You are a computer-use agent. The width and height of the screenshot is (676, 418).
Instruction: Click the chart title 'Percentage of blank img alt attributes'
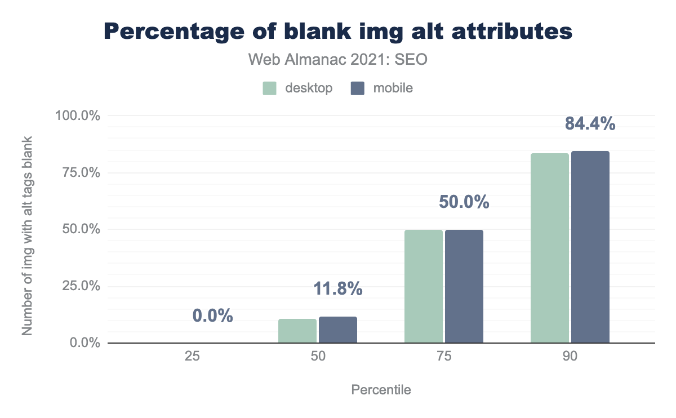tap(338, 32)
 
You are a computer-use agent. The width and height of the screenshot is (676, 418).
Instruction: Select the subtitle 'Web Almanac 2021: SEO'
tap(338, 60)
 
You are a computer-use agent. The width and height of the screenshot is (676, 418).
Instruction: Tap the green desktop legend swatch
tap(269, 88)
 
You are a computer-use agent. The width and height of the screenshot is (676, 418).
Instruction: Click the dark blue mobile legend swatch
tap(357, 88)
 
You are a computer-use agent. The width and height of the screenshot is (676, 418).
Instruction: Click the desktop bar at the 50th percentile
tap(297, 331)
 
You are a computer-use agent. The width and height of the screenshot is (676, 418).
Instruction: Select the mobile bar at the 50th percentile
tap(338, 330)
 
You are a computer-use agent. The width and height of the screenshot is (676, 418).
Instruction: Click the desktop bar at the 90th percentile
tap(550, 248)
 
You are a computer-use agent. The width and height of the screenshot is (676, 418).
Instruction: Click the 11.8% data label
tap(338, 290)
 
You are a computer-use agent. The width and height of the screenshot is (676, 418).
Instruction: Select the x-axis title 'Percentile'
tap(381, 390)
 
